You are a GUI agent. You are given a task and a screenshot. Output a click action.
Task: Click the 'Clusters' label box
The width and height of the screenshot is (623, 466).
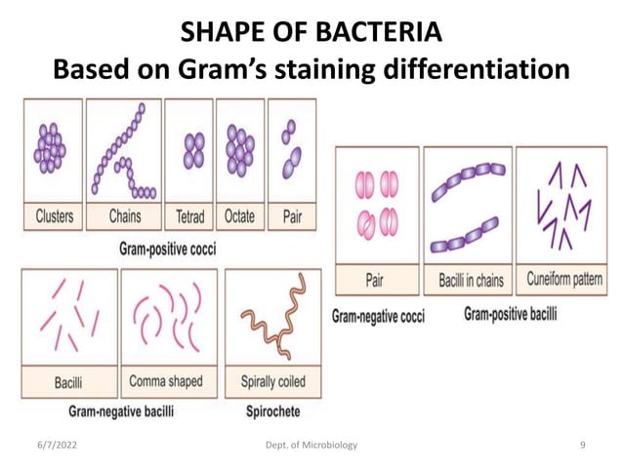54,216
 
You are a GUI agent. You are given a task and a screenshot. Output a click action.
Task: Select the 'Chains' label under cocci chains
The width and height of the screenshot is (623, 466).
124,216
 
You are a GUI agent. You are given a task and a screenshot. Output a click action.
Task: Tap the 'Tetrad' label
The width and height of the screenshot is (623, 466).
189,216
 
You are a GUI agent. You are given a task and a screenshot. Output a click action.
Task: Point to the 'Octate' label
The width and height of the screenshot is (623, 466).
239,216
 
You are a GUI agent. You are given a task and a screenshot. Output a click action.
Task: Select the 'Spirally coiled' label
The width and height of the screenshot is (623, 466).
270,381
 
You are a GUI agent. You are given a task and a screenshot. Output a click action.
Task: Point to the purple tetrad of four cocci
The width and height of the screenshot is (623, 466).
191,152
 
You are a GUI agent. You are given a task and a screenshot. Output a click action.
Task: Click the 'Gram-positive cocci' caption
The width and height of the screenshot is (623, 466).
167,249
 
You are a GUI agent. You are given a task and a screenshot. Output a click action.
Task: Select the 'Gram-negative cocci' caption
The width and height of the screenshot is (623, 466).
378,318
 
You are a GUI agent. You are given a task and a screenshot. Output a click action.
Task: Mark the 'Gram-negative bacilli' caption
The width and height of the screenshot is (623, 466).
121,411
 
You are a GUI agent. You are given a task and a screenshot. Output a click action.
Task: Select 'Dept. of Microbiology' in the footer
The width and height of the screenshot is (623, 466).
311,446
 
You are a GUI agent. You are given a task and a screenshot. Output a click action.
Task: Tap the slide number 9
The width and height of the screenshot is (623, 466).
582,446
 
